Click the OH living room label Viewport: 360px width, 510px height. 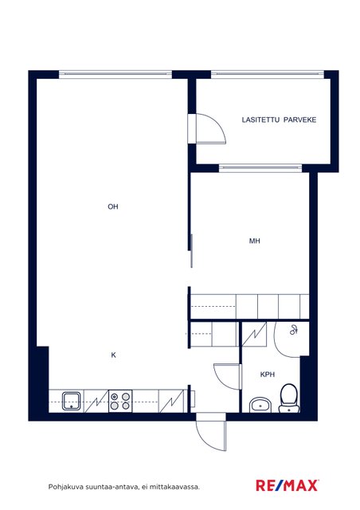pos(113,206)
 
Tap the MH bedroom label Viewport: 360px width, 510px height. pos(254,241)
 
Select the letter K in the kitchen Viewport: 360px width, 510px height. pos(114,355)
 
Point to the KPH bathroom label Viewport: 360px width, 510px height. pos(268,375)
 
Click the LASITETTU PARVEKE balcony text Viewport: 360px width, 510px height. pos(279,120)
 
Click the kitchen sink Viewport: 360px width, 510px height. pos(71,402)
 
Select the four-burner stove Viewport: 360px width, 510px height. pos(120,401)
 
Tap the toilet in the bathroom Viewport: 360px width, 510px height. pos(289,398)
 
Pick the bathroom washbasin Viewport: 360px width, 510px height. pos(260,405)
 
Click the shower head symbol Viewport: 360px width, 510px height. pos(294,330)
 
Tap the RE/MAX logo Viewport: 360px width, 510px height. pos(288,485)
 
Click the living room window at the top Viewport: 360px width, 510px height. pos(115,74)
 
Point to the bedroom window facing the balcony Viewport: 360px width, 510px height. pos(260,168)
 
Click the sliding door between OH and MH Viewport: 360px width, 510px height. pos(191,251)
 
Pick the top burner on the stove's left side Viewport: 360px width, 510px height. pos(115,397)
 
